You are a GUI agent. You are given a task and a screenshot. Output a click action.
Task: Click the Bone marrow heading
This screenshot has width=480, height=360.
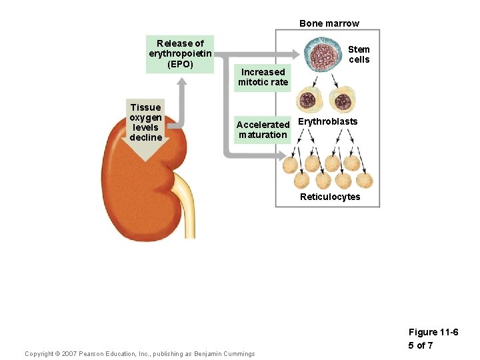click(329, 23)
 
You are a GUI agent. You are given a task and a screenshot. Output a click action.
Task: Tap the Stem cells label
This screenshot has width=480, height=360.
click(359, 54)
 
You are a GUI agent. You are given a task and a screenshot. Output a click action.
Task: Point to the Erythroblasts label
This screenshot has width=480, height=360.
click(327, 121)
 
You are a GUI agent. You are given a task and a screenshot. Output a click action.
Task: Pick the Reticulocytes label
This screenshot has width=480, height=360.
click(329, 197)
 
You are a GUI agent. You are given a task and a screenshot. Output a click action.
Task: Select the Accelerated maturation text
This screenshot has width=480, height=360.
click(263, 129)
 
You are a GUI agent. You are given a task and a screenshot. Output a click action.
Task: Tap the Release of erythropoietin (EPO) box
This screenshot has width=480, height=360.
click(180, 54)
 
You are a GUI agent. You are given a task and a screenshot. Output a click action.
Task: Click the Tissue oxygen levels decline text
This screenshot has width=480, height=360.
click(145, 122)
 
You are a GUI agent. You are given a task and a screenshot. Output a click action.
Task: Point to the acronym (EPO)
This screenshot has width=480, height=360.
click(180, 65)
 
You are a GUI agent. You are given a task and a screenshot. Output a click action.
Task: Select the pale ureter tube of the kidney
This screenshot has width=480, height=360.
click(187, 213)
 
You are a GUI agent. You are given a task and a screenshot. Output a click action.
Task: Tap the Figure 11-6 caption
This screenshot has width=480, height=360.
click(433, 332)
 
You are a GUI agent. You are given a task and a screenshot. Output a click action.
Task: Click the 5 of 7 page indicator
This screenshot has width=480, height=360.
click(421, 345)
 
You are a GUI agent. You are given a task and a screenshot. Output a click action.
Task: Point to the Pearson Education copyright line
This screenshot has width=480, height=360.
click(139, 353)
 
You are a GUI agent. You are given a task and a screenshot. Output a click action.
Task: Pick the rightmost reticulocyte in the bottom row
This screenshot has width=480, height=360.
click(365, 181)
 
